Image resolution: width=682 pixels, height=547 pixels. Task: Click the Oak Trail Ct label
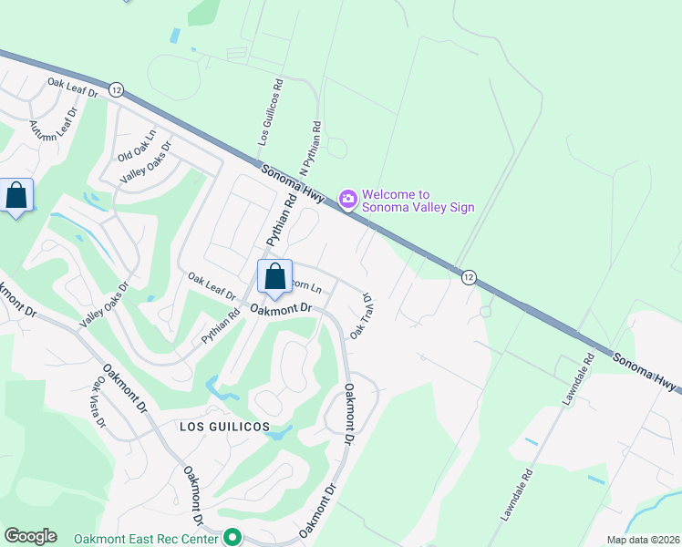[x=360, y=316]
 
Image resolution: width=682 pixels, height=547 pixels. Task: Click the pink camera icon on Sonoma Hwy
[x=347, y=198]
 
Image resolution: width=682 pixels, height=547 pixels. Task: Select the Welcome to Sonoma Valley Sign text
[x=418, y=201]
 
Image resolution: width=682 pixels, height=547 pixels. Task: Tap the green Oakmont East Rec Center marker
[x=232, y=538]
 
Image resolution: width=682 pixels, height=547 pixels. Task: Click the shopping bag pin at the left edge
[x=16, y=196]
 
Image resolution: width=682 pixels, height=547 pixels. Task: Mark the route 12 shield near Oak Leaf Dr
[x=115, y=89]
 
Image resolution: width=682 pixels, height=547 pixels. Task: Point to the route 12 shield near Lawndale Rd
[x=468, y=277]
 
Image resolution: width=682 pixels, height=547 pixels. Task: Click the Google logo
[x=30, y=536]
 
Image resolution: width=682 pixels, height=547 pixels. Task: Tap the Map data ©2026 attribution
[x=643, y=540]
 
